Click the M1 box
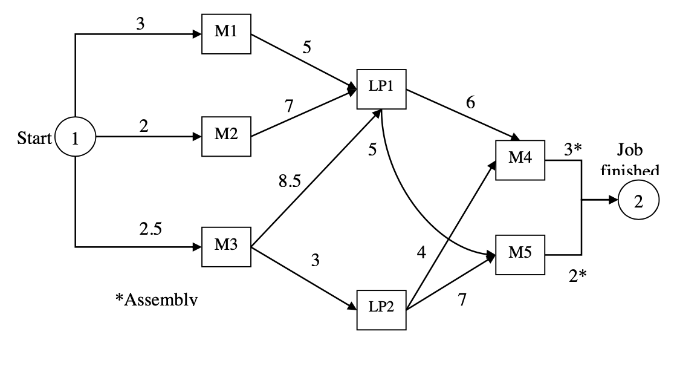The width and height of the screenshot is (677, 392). tap(226, 33)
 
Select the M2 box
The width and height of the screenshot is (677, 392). tap(226, 136)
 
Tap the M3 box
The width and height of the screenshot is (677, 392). tap(226, 247)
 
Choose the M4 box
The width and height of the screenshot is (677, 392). tap(520, 160)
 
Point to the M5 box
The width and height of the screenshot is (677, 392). tap(520, 254)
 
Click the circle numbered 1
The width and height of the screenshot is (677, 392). tap(75, 138)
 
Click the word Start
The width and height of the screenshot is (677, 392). tap(34, 138)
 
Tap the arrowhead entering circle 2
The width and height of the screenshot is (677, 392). tap(614, 202)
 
